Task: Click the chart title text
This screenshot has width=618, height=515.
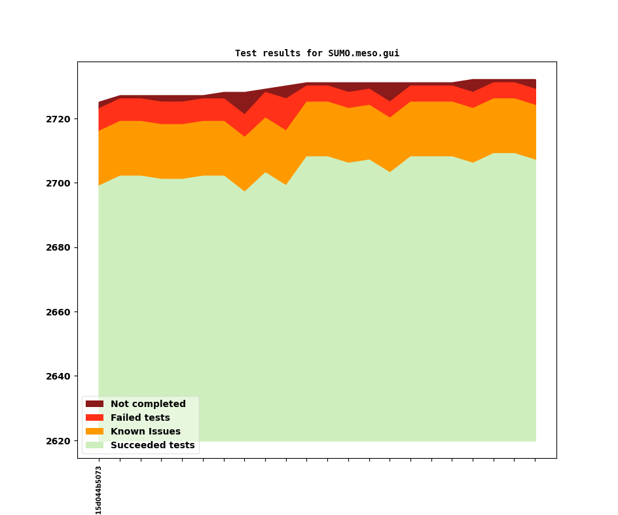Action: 317,54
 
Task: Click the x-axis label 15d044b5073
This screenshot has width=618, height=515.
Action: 99,490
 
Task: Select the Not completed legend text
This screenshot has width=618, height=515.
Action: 148,404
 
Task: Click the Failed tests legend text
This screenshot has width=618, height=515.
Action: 140,418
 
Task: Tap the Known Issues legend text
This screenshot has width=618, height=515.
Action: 145,432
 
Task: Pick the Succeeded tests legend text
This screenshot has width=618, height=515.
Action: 153,446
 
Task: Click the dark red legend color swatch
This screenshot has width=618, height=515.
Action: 94,404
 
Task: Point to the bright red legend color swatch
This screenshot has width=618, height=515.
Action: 94,418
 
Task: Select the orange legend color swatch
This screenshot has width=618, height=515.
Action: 94,432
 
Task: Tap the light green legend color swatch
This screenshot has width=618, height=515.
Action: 94,446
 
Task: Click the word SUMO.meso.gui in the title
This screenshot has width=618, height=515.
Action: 363,54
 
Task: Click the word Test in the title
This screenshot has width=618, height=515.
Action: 246,54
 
